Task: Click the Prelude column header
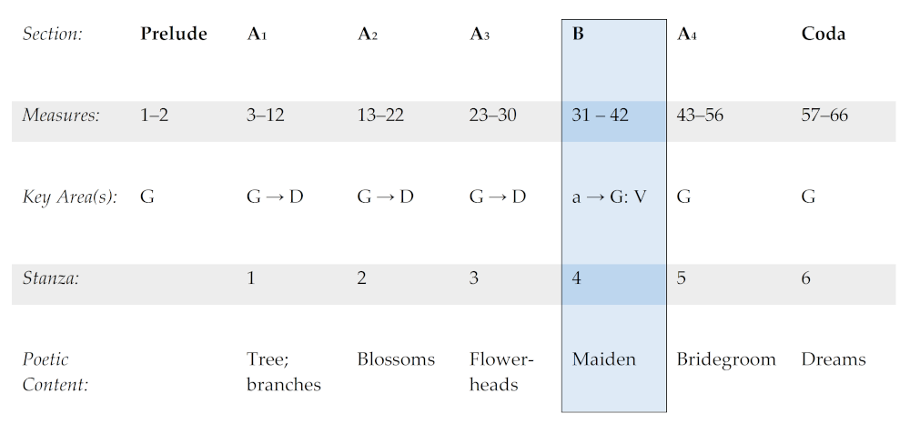pos(173,35)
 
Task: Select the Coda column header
pos(823,35)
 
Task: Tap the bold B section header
pos(578,35)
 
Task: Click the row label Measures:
pos(60,116)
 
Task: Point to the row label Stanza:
pos(50,278)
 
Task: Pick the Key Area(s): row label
pos(69,197)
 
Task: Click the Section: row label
pos(52,35)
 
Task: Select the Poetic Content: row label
pos(55,372)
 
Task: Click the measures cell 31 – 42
pos(600,116)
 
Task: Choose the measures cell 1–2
pos(156,116)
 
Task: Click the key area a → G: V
pos(609,197)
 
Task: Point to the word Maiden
pos(603,359)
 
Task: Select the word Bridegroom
pos(725,359)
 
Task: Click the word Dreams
pos(833,359)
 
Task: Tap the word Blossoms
pos(396,359)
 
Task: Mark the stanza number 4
pos(577,278)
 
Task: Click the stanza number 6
pos(806,278)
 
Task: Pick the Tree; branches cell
pos(283,372)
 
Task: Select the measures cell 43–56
pos(700,116)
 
